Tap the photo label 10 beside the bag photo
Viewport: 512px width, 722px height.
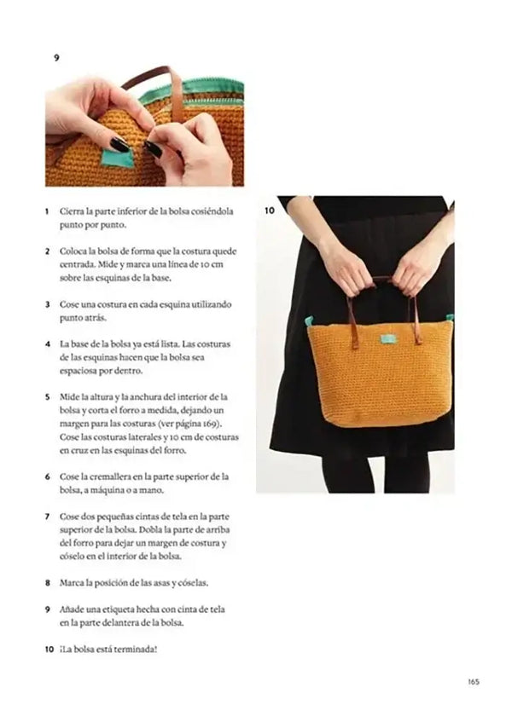269,209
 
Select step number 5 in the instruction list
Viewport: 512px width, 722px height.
47,397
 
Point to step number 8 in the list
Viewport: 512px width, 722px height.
47,583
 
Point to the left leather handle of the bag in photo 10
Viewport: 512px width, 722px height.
350,312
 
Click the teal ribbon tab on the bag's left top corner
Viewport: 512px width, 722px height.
309,321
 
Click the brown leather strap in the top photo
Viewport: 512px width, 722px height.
175,90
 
